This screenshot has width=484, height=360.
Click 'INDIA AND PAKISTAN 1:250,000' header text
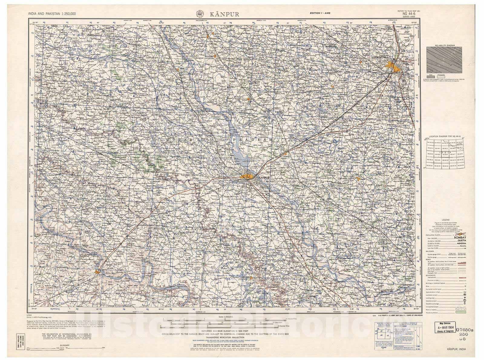tap(52, 14)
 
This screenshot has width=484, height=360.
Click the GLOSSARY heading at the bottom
tap(65, 345)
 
